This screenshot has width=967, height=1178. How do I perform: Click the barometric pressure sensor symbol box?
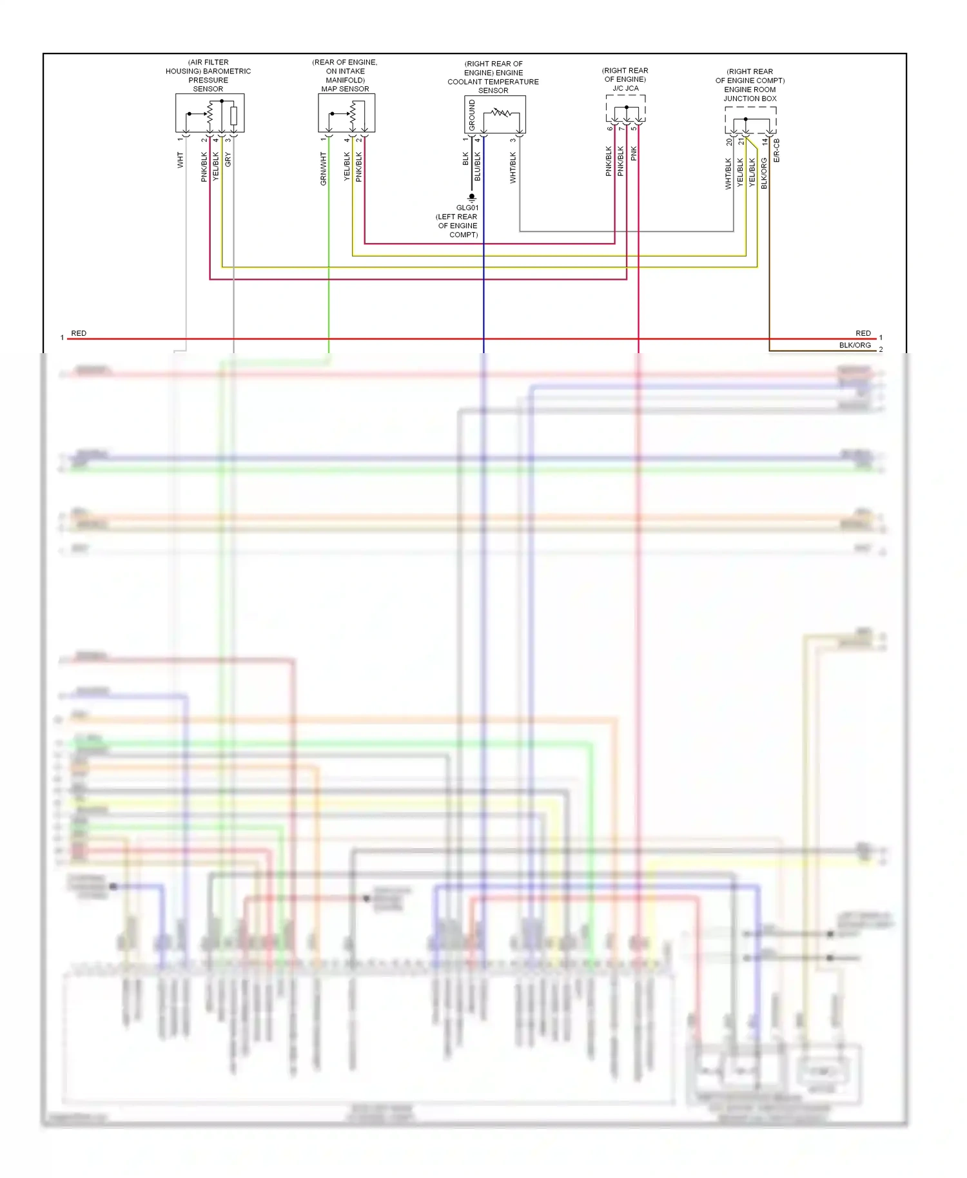pos(210,113)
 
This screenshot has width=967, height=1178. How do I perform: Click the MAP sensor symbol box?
pos(346,113)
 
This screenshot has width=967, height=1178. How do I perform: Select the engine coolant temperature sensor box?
pos(495,115)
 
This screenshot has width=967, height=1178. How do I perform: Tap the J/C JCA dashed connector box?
pos(625,108)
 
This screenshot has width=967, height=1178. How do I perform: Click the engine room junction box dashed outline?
pos(750,120)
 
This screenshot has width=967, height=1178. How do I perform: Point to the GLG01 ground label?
pos(467,208)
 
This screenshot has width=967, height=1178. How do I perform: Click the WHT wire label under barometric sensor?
pos(181,160)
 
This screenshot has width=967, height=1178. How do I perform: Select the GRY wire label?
pos(228,160)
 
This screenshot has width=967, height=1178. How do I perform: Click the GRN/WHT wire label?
pos(324,169)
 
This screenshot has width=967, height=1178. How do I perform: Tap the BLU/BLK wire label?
pos(478,166)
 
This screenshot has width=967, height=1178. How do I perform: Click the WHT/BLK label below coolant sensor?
pos(513,168)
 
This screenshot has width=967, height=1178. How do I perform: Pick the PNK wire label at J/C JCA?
pos(634,153)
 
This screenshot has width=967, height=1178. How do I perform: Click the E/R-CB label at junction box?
pos(777,150)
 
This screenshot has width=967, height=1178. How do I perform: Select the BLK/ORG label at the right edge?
pos(855,345)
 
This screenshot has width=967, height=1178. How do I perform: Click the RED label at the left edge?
pos(79,333)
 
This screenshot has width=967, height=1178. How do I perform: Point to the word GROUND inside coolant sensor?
pos(472,115)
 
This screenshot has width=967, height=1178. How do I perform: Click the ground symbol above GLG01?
pos(472,198)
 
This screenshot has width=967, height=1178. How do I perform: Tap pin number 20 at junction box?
pos(729,141)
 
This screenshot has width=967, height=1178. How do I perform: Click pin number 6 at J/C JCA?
pos(610,128)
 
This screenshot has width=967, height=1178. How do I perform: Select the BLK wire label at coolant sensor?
pos(465,159)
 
